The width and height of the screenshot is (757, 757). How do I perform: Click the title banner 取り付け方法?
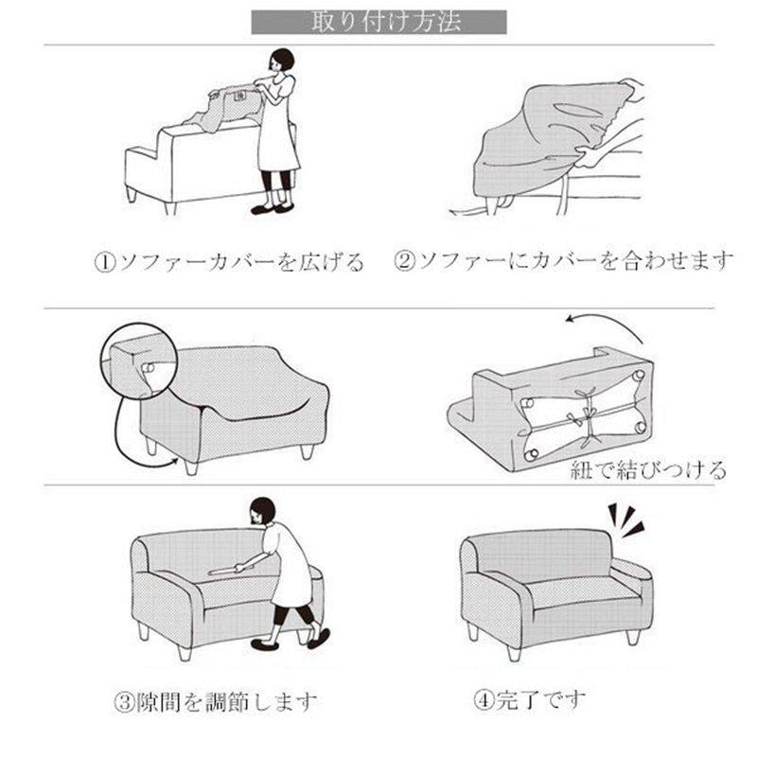(x=379, y=22)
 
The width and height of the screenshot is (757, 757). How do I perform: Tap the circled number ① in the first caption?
(x=105, y=263)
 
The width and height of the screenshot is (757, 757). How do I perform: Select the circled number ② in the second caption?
(x=405, y=261)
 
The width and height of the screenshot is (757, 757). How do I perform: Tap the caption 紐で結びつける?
(x=648, y=469)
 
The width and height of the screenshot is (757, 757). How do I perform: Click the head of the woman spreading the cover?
(x=281, y=62)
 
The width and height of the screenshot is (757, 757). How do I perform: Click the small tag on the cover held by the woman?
(x=239, y=97)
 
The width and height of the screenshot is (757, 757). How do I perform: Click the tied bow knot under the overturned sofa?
(x=587, y=415)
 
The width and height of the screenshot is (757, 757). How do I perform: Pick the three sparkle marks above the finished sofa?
(x=625, y=520)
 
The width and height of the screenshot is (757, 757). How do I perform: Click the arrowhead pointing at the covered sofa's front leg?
(x=174, y=463)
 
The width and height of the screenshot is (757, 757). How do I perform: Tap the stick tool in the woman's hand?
(x=224, y=571)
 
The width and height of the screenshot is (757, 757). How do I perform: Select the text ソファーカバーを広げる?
(x=240, y=263)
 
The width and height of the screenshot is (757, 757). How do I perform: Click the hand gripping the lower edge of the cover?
(x=588, y=157)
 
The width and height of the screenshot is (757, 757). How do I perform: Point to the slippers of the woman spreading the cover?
(x=272, y=208)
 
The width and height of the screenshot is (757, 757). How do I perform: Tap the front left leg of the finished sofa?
(x=514, y=653)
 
